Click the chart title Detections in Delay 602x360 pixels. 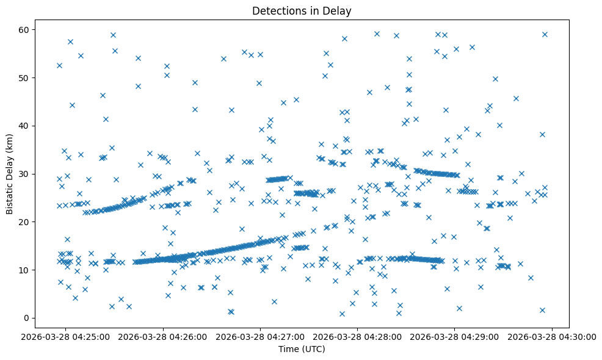302,10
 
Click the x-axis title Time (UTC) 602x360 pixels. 302,350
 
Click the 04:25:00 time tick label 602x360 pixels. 66,336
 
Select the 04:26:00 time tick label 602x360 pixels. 164,336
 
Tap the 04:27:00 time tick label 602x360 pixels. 261,336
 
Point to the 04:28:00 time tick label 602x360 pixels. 358,336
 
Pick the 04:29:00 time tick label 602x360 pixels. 455,336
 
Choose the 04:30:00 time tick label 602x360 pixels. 552,336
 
